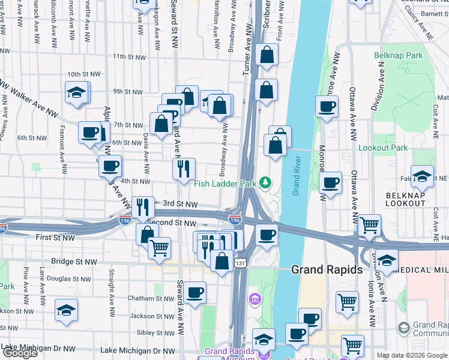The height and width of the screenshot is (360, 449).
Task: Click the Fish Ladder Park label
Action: point(224,183)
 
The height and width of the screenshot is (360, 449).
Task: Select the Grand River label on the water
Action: point(296,177)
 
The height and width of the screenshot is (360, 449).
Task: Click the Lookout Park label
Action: point(382,148)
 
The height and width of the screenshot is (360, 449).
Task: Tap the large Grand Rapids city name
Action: point(327,269)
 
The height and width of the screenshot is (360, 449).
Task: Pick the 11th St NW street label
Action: point(129,57)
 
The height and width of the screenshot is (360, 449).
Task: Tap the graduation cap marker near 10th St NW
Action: point(77,93)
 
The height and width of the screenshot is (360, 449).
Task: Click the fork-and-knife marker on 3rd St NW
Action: point(143,208)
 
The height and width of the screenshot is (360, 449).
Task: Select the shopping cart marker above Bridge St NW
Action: point(159,248)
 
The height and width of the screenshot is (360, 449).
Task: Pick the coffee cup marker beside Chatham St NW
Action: point(194,293)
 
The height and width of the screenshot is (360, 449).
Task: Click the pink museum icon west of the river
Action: point(255,298)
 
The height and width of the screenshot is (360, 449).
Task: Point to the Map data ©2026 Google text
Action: point(412,355)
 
